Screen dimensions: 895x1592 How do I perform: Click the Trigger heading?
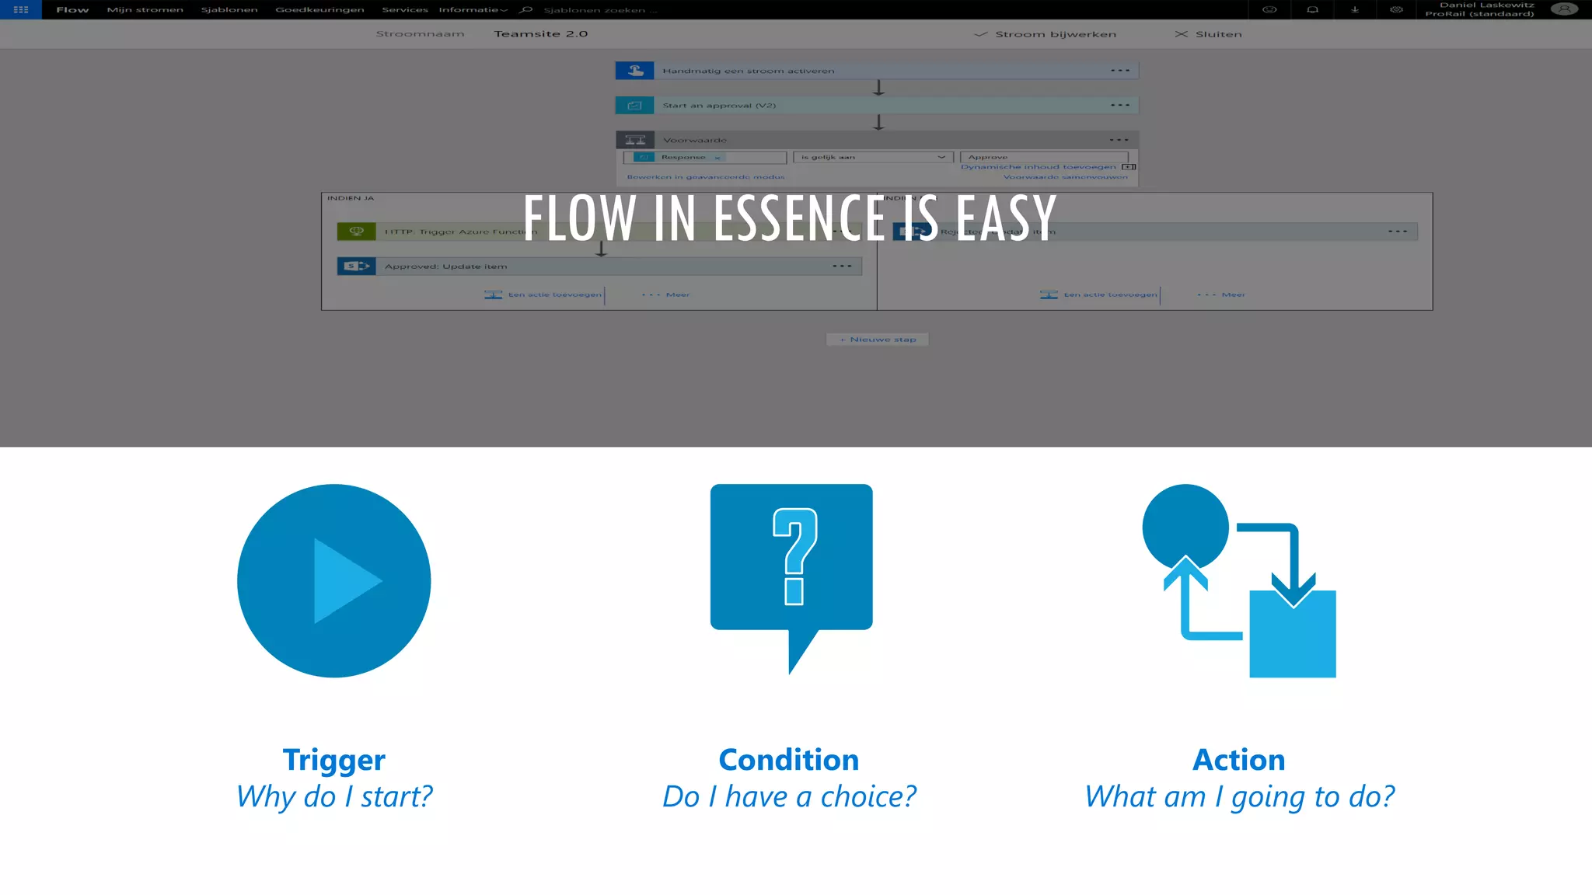point(333,760)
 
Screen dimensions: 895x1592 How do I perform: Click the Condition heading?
point(788,760)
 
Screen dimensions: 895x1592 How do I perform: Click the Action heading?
point(1238,760)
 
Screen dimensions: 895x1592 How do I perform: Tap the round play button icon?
point(333,581)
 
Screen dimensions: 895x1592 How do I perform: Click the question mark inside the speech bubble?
point(794,556)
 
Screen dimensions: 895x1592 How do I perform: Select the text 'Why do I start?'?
point(333,797)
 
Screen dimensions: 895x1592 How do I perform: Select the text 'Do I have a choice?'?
point(788,797)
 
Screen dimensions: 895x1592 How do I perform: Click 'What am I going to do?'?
point(1238,797)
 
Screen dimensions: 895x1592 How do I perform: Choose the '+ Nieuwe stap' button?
point(878,340)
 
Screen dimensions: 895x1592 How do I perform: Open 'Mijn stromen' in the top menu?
point(145,10)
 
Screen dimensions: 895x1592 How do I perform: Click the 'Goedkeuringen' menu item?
point(319,10)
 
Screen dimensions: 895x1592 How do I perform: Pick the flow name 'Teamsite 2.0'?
point(540,34)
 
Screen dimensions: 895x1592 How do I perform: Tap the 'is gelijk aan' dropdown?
point(872,158)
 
